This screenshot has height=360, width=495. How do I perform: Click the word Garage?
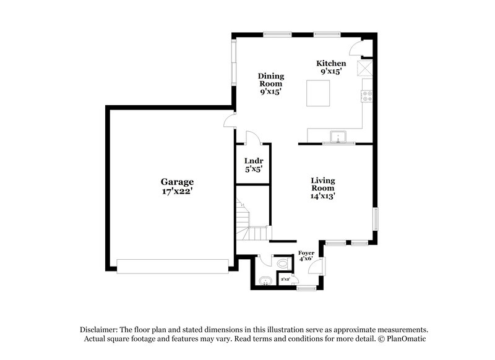[x=177, y=182]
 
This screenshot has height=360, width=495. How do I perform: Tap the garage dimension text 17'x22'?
[x=177, y=191]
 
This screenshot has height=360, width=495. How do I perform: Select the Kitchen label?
[x=331, y=64]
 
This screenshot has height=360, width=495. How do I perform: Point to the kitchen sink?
[x=338, y=137]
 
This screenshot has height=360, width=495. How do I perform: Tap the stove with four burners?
[x=367, y=96]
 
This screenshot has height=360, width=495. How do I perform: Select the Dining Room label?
[x=270, y=80]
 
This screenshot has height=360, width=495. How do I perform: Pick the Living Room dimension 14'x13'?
[x=323, y=196]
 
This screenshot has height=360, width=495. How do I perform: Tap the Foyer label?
[x=306, y=253]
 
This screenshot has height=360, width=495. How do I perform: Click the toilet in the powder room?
[x=283, y=264]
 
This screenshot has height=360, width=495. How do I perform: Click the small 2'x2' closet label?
[x=286, y=280]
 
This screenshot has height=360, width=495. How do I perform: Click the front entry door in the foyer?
[x=317, y=267]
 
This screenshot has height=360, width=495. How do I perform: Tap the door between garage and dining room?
[x=230, y=121]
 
